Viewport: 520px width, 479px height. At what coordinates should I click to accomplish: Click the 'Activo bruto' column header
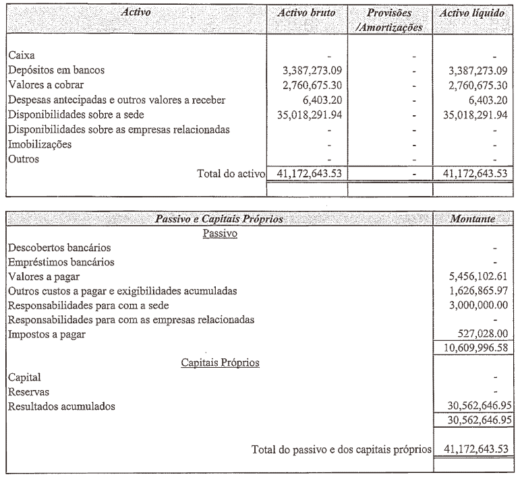(308, 13)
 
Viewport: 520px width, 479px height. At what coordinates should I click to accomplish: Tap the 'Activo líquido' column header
(471, 13)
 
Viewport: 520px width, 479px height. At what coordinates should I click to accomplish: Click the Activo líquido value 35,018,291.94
(467, 114)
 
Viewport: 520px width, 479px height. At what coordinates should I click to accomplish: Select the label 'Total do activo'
(229, 174)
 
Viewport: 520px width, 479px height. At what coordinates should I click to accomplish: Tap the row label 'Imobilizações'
(40, 143)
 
